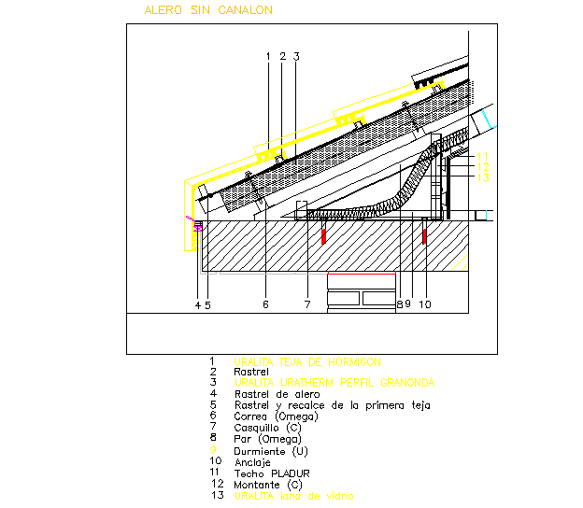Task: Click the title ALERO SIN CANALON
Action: (x=208, y=10)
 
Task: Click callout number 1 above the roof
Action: (x=268, y=57)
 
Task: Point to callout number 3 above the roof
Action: (x=296, y=57)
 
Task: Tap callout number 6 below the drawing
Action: (x=265, y=303)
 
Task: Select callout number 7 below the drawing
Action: (x=306, y=303)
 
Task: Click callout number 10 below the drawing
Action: (x=424, y=303)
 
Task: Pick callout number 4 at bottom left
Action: (x=197, y=303)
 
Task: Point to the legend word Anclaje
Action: (x=254, y=461)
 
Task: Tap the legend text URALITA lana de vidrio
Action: (x=294, y=496)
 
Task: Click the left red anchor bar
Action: (x=324, y=236)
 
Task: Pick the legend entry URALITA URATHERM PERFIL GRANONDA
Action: (x=334, y=383)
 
